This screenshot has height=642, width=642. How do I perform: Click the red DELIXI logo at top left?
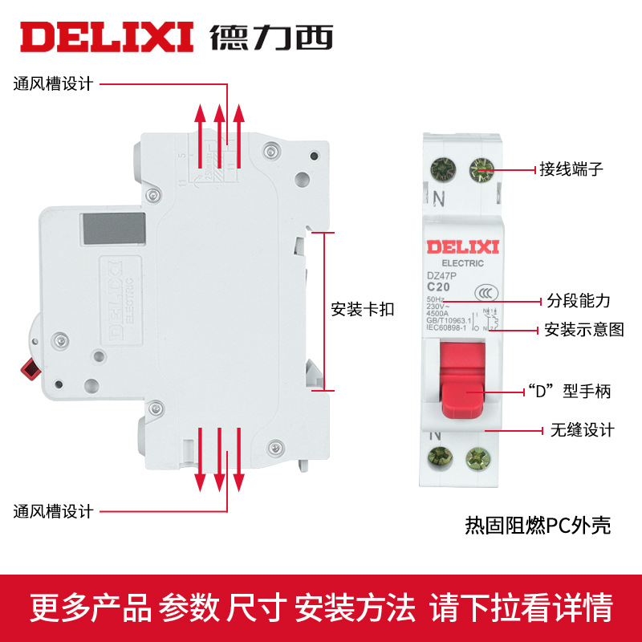[107, 36]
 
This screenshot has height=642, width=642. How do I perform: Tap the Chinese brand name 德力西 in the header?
[271, 36]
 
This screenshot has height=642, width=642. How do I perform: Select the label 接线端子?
[571, 169]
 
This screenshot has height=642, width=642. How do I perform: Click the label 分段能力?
[579, 301]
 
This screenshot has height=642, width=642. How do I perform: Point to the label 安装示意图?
[583, 330]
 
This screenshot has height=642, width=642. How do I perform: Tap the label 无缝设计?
[582, 430]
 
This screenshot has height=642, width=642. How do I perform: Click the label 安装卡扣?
[363, 310]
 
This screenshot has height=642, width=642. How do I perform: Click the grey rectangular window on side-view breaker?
[112, 229]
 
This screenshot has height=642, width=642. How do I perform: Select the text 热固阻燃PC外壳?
[538, 526]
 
